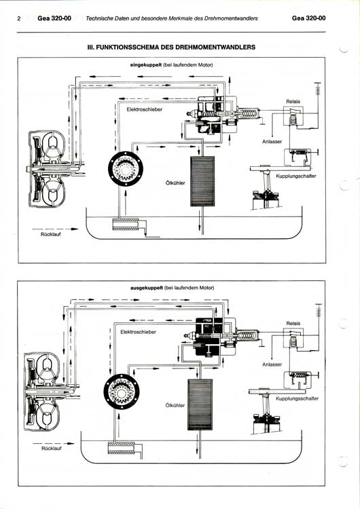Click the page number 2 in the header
[19, 18]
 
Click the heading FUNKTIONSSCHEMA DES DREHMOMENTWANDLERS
[176, 47]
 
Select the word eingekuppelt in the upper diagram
[146, 65]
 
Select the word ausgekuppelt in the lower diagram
[147, 288]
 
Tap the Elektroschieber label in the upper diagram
[145, 109]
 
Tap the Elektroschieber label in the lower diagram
[138, 332]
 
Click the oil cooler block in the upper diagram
[202, 181]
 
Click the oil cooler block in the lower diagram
[200, 404]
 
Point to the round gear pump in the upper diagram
[126, 169]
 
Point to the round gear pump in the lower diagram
[121, 392]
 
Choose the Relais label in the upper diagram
[293, 102]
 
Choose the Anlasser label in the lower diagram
[272, 364]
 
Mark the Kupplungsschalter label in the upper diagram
[296, 176]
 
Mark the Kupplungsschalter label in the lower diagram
[298, 398]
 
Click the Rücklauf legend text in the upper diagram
[51, 234]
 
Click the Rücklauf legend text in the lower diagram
[52, 449]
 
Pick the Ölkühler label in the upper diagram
[175, 183]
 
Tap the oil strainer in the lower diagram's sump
[122, 448]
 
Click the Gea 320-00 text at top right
[308, 18]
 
